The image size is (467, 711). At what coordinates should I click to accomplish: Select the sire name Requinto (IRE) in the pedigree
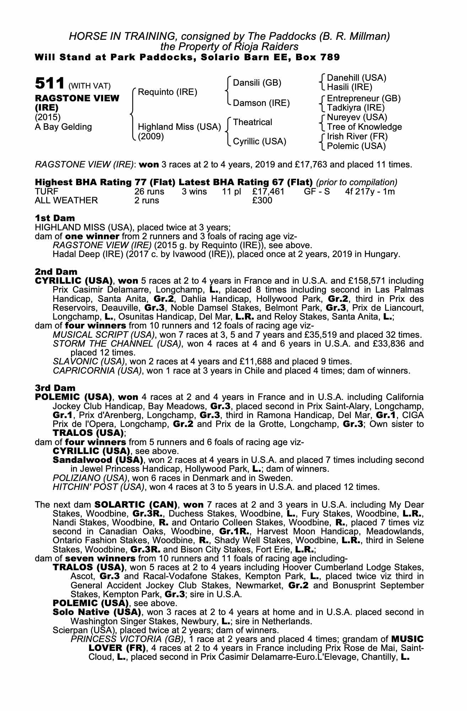[x=167, y=92]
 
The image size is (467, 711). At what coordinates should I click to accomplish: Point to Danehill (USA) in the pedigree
[x=356, y=78]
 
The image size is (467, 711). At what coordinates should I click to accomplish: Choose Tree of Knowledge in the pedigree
[x=364, y=127]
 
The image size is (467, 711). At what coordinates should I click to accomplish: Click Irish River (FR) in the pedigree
[x=357, y=137]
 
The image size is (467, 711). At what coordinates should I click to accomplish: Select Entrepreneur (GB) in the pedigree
[x=364, y=98]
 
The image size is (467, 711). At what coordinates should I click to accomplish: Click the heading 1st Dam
[x=55, y=218]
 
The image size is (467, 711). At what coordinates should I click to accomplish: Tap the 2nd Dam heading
[x=56, y=272]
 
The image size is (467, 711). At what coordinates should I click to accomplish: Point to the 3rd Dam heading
[x=55, y=388]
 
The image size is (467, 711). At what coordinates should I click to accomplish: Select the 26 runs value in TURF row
[x=149, y=192]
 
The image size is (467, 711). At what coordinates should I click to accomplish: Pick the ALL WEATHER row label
[x=66, y=201]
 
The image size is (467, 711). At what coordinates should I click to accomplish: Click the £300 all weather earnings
[x=262, y=201]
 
